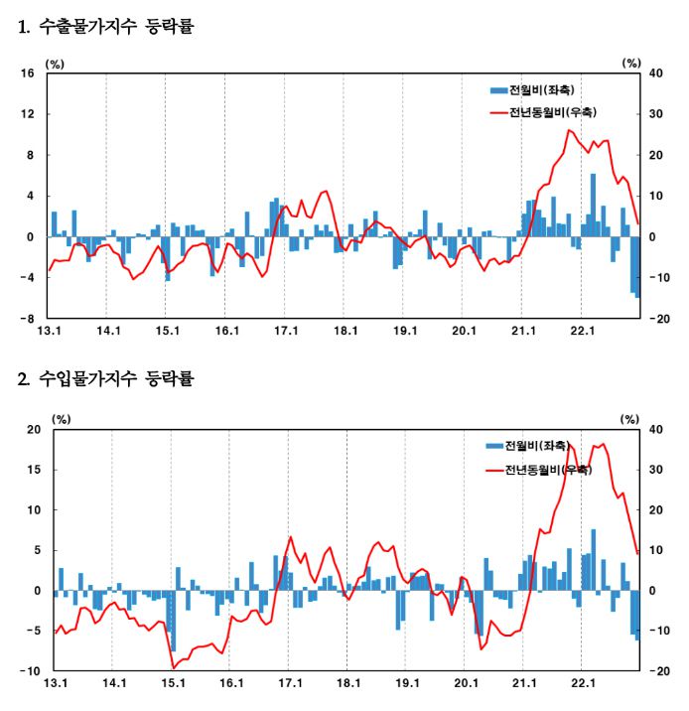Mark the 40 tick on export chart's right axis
655,73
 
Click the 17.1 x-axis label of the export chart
286,332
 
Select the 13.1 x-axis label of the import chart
56,684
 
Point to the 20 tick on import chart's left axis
33,429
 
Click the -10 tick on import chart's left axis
30,671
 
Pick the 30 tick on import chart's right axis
655,470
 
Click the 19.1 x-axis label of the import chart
407,684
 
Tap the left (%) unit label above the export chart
56,63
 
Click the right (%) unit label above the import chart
629,418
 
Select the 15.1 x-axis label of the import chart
173,684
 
